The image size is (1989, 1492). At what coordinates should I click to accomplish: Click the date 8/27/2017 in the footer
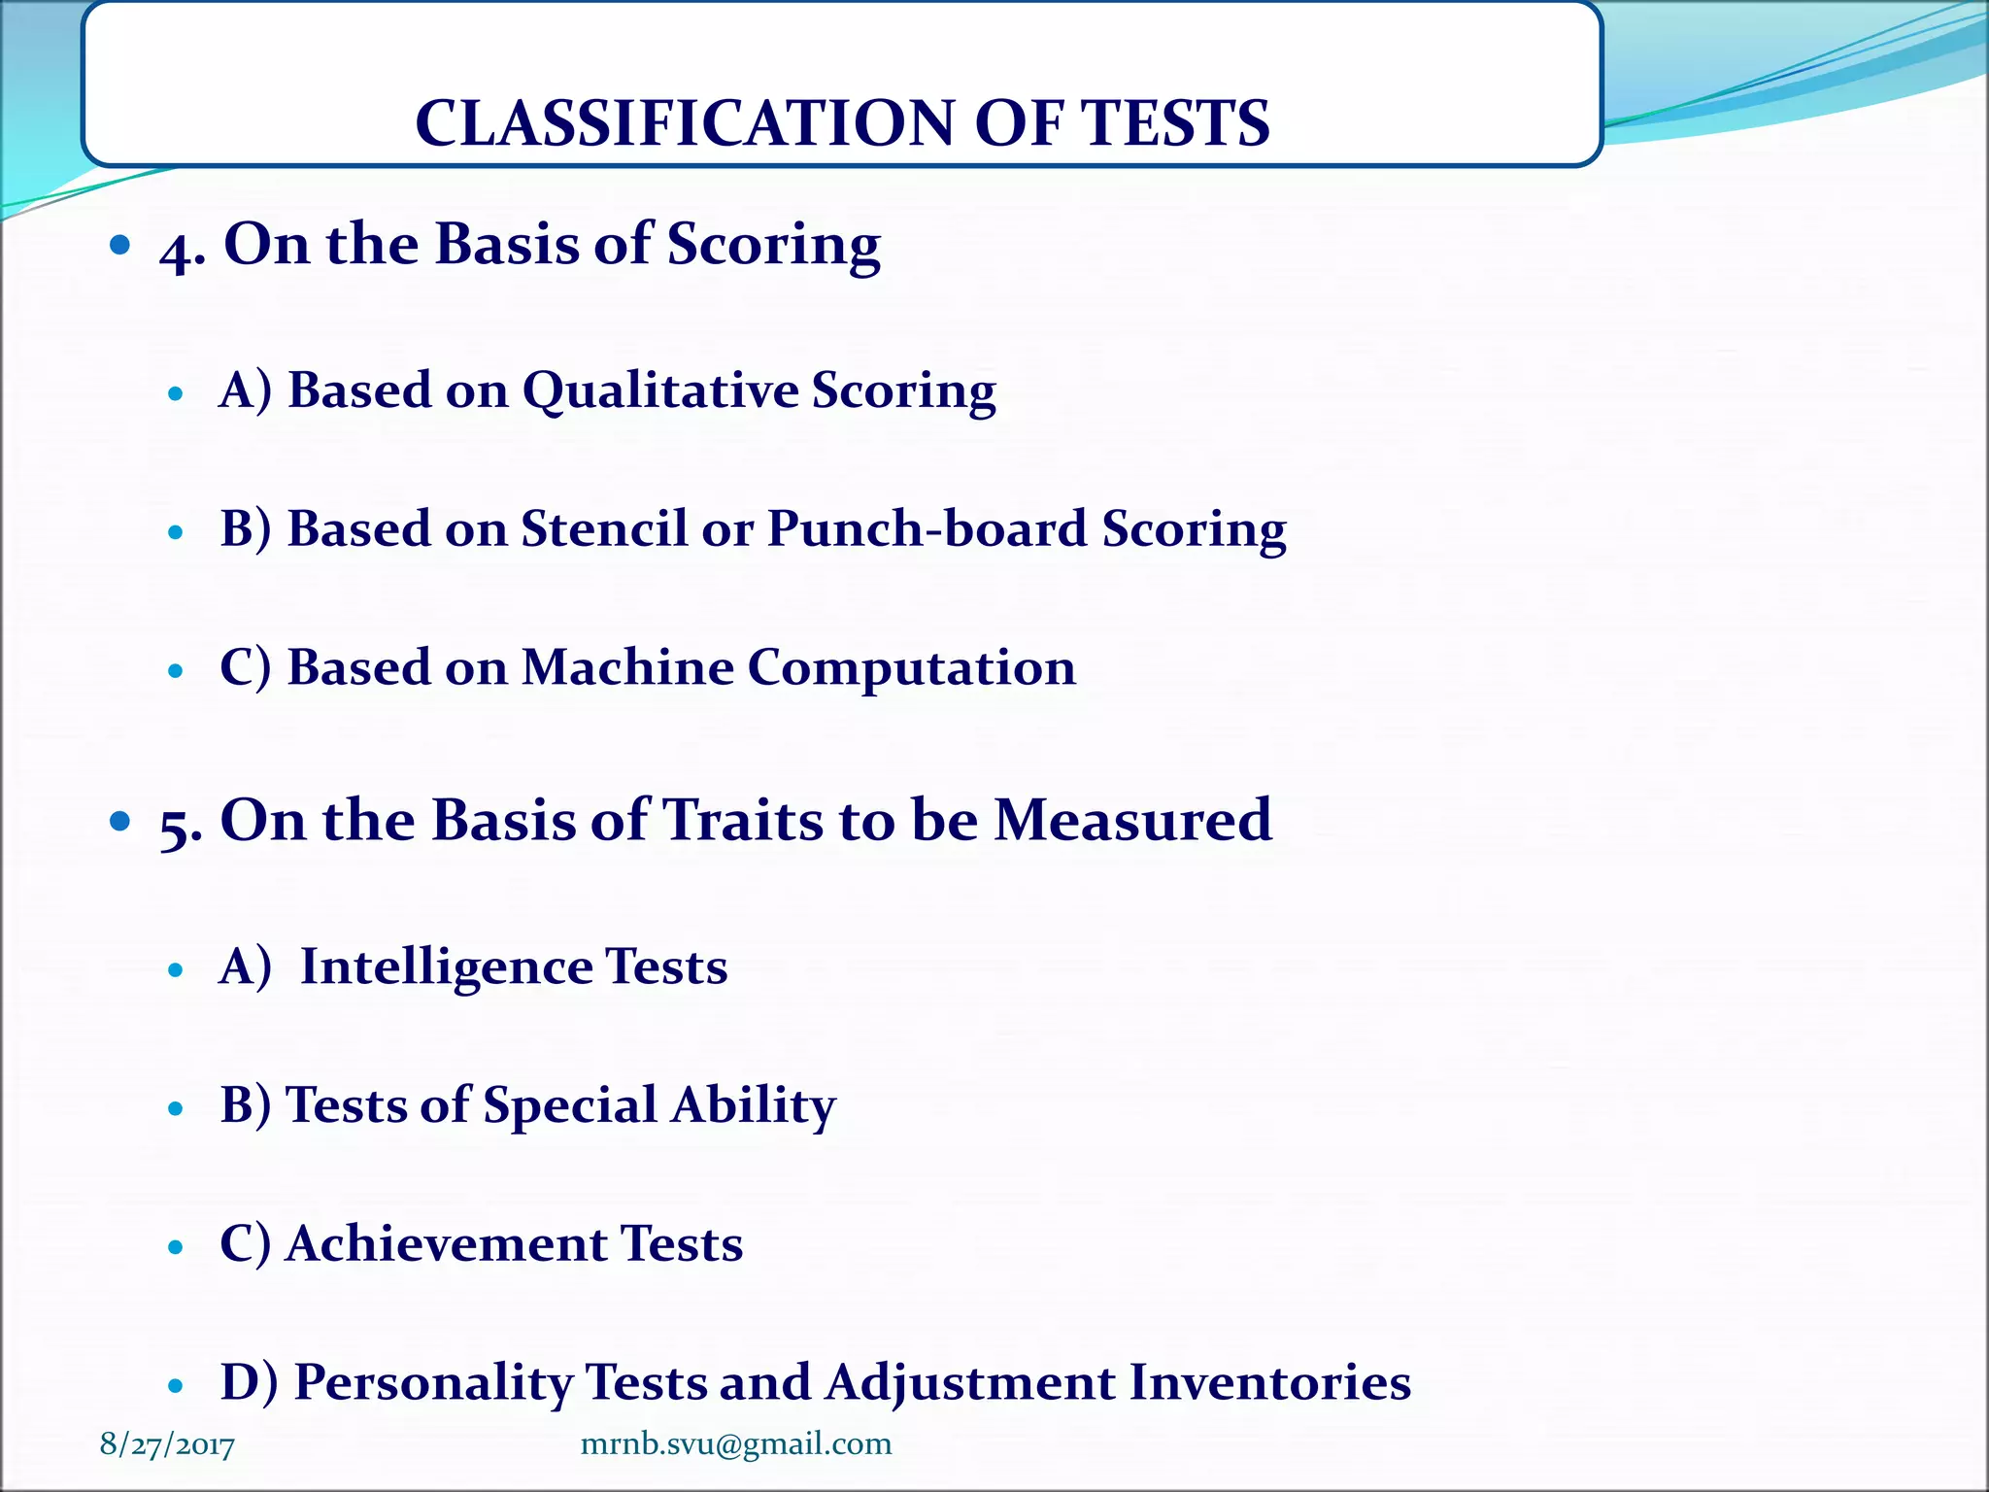coord(167,1444)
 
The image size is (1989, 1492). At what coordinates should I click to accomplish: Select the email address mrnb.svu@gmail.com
coord(735,1443)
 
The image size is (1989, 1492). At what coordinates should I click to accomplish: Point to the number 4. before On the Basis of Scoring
coord(182,247)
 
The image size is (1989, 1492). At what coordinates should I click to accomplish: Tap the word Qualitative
coord(659,391)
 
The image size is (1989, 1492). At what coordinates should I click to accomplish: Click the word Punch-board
coord(927,529)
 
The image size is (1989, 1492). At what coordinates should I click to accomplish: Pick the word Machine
coord(627,668)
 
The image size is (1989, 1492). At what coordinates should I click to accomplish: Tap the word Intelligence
coord(446,968)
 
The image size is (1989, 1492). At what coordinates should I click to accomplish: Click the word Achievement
coord(446,1244)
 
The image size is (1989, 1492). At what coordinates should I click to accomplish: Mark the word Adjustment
coord(970,1383)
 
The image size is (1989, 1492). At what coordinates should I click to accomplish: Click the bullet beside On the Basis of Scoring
coord(120,245)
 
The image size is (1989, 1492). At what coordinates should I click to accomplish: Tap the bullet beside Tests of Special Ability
coord(176,1108)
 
